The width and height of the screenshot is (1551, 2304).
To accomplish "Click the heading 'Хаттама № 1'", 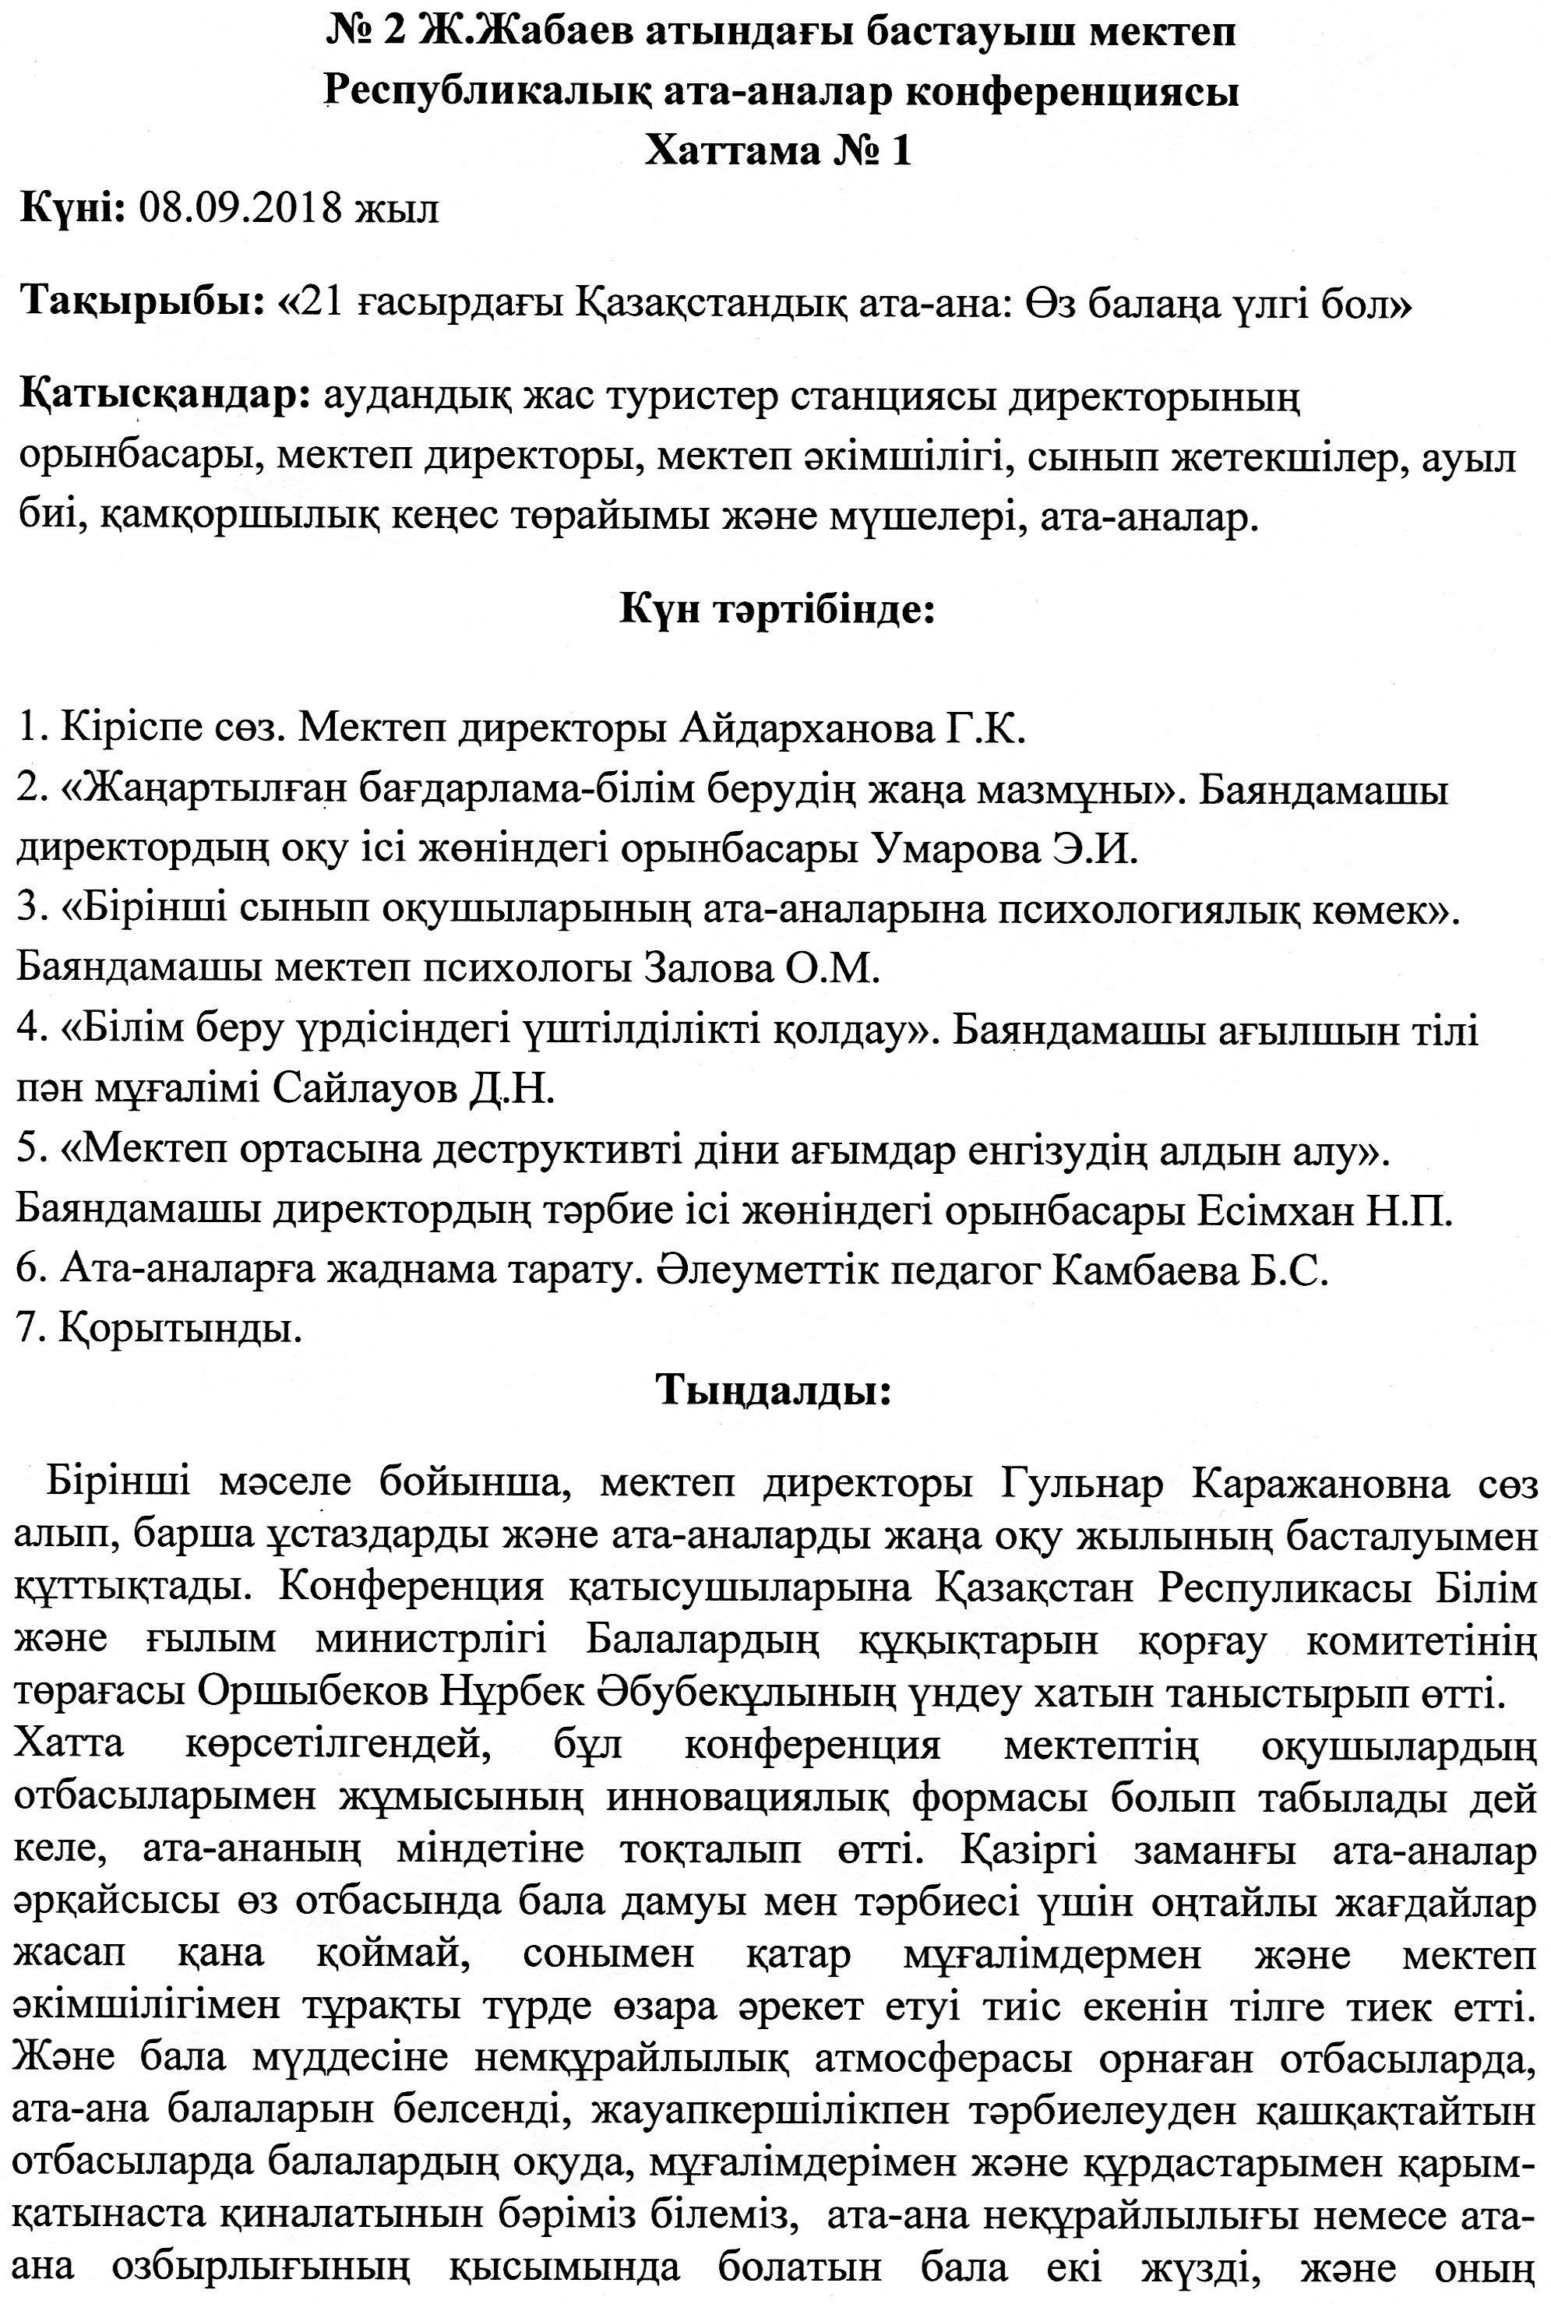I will coord(777,151).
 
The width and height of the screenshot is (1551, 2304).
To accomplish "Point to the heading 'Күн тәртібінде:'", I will coord(777,608).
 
